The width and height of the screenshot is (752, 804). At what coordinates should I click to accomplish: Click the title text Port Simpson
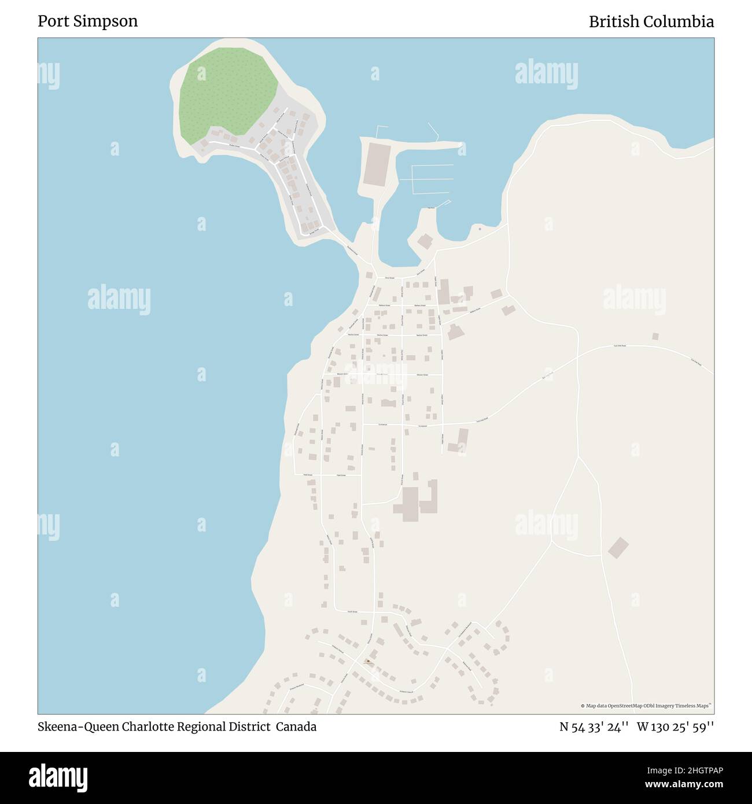[87, 21]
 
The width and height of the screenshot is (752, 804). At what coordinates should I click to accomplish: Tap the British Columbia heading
[651, 21]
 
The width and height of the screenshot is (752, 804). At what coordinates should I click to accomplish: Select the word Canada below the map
[296, 727]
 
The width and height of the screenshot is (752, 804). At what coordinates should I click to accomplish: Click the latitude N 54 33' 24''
[594, 727]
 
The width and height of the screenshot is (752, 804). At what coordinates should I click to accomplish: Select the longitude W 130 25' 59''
[675, 727]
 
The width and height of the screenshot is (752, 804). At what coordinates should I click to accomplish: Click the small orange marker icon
[368, 661]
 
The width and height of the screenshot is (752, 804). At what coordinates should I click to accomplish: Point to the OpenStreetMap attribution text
[646, 706]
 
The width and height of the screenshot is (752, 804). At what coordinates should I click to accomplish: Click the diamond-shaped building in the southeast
[618, 547]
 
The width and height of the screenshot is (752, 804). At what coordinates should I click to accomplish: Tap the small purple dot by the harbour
[480, 228]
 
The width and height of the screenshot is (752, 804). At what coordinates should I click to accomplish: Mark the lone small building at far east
[655, 336]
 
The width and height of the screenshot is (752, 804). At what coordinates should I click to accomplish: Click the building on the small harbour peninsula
[425, 242]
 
